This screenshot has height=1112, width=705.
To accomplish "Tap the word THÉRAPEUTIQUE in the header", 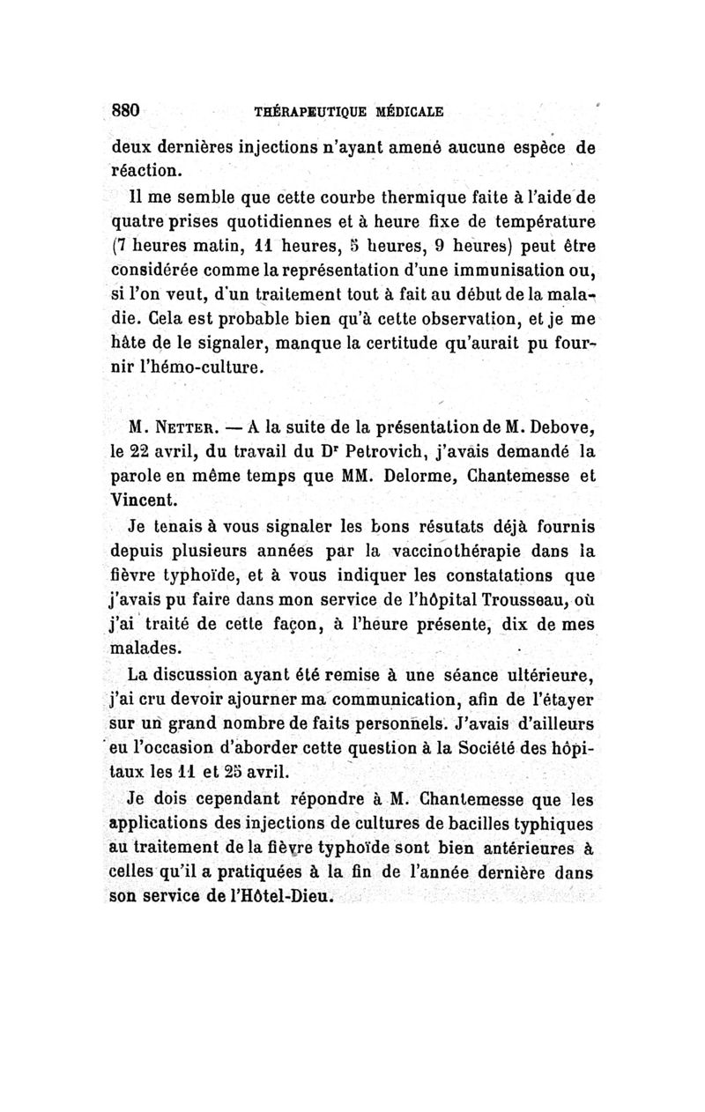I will (x=297, y=112).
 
